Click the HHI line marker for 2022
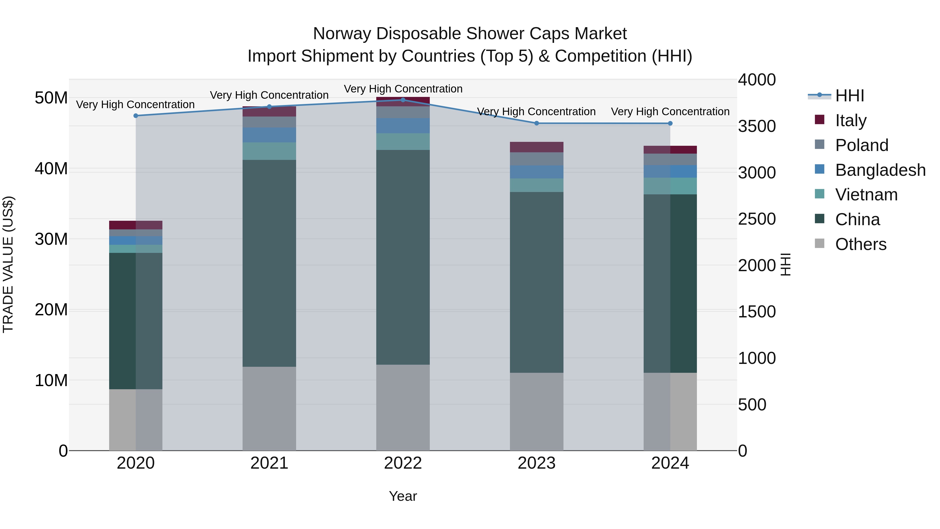coord(403,100)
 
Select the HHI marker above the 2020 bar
coord(136,116)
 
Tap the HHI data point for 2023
coord(536,123)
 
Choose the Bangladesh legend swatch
coord(820,169)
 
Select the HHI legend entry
coord(849,96)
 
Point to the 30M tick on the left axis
coord(51,239)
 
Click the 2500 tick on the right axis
coord(757,219)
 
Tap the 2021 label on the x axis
coord(269,463)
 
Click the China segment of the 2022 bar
coord(403,257)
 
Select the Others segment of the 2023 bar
coord(536,411)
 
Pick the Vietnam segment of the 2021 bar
coord(269,151)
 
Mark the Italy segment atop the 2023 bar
coord(536,147)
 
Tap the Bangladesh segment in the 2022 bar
coord(403,126)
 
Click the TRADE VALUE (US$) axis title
coord(8,264)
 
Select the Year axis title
coord(403,496)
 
